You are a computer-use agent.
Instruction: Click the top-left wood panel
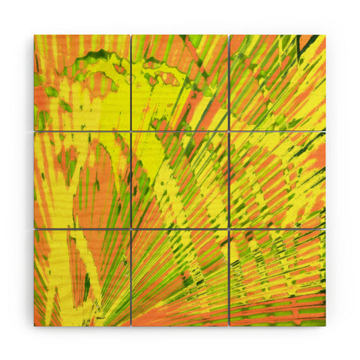point(82,82)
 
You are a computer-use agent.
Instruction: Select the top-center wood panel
point(180,82)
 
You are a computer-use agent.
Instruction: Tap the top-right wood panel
point(277,82)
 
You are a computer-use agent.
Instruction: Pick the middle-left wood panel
point(82,180)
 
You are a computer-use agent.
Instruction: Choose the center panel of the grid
point(180,180)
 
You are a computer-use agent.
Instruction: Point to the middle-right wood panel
point(277,180)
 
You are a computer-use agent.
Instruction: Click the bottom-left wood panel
point(82,277)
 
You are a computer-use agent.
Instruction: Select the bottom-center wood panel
point(180,277)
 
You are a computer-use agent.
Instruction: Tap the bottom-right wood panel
point(277,277)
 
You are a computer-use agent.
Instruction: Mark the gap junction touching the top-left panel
point(131,131)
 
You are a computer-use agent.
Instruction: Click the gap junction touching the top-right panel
point(229,131)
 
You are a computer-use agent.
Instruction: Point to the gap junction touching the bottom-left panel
point(131,229)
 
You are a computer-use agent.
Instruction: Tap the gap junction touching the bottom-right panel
point(229,229)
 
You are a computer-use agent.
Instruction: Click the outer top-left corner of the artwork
point(34,34)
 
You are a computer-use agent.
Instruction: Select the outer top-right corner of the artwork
point(325,34)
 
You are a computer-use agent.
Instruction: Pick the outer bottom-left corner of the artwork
point(34,325)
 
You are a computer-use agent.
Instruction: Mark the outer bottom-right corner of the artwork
point(325,325)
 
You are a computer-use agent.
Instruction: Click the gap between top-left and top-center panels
point(131,82)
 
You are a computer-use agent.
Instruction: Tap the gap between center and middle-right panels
point(229,180)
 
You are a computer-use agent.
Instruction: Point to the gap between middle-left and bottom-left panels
point(82,229)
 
